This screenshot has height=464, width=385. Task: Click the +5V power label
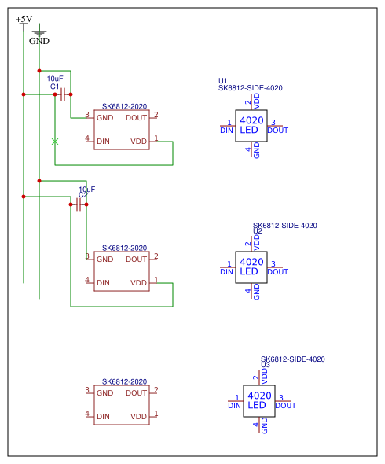tap(24, 19)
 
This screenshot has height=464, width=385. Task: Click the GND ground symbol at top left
tap(39, 33)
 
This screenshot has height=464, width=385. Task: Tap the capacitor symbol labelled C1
tap(63, 94)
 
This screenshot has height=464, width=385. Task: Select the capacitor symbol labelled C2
tap(79, 204)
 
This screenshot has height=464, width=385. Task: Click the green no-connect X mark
tap(55, 142)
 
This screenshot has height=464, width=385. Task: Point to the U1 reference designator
tap(222, 81)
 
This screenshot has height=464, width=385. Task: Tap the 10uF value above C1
tap(55, 79)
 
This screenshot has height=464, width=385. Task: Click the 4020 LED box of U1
tap(251, 126)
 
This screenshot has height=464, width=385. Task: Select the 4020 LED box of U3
tap(259, 401)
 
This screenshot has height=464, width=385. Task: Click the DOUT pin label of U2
tap(277, 271)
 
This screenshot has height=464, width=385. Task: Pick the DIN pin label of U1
tap(226, 131)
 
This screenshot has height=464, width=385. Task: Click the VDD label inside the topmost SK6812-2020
tap(139, 142)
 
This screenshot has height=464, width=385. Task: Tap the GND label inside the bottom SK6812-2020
tap(105, 393)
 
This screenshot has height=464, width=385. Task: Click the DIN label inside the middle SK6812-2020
tap(103, 283)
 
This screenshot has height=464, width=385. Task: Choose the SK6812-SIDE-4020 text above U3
tap(293, 359)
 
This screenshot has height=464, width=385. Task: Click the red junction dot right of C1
tap(71, 94)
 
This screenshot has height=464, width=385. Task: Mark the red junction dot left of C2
tap(71, 204)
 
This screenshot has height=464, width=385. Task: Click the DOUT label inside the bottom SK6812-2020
tap(136, 393)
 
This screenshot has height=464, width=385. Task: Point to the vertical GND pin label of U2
tap(257, 292)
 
